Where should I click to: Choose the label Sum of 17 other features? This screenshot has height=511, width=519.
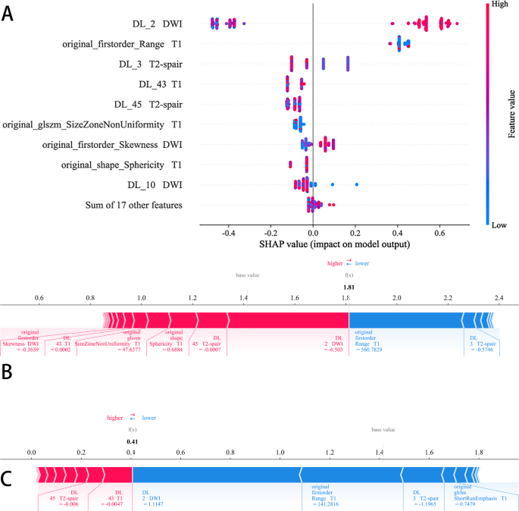tap(133, 204)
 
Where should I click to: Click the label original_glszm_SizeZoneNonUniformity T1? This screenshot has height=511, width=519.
tap(92, 124)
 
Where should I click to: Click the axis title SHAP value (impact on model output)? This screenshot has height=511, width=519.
tap(334, 245)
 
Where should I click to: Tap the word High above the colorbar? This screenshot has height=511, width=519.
tap(500, 5)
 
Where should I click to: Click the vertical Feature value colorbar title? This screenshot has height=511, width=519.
tap(511, 114)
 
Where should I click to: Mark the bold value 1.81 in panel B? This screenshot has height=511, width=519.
tap(349, 287)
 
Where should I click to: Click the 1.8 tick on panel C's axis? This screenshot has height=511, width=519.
tap(478, 452)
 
